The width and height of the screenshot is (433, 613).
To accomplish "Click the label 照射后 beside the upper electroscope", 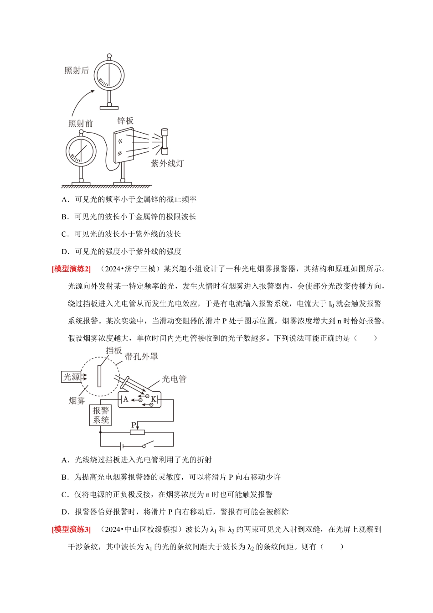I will coord(77,70).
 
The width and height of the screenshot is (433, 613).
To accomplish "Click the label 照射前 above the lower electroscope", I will coord(81,124).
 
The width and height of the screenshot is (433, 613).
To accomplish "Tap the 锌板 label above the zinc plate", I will coord(125,120).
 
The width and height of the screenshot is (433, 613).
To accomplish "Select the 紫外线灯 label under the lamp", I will coord(167,163).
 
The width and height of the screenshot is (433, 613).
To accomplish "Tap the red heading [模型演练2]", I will coord(71,269).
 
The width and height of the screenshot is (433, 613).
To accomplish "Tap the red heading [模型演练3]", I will coord(71,529).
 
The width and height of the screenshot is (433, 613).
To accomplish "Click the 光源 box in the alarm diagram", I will coord(72,377).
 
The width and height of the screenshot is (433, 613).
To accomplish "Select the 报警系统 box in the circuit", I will coord(101,415).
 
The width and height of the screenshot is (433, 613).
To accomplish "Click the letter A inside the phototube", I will coord(126,399).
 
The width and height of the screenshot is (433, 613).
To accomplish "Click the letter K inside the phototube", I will coord(154,400).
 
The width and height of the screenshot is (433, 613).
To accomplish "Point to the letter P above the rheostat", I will coord(134,425).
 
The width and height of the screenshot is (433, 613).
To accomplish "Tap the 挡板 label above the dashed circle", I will coord(114,350).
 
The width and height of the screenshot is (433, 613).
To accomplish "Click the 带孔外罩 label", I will coord(141,357).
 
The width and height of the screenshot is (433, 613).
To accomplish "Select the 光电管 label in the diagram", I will coord(174,379).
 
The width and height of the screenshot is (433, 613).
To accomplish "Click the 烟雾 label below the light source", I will coord(77,400).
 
